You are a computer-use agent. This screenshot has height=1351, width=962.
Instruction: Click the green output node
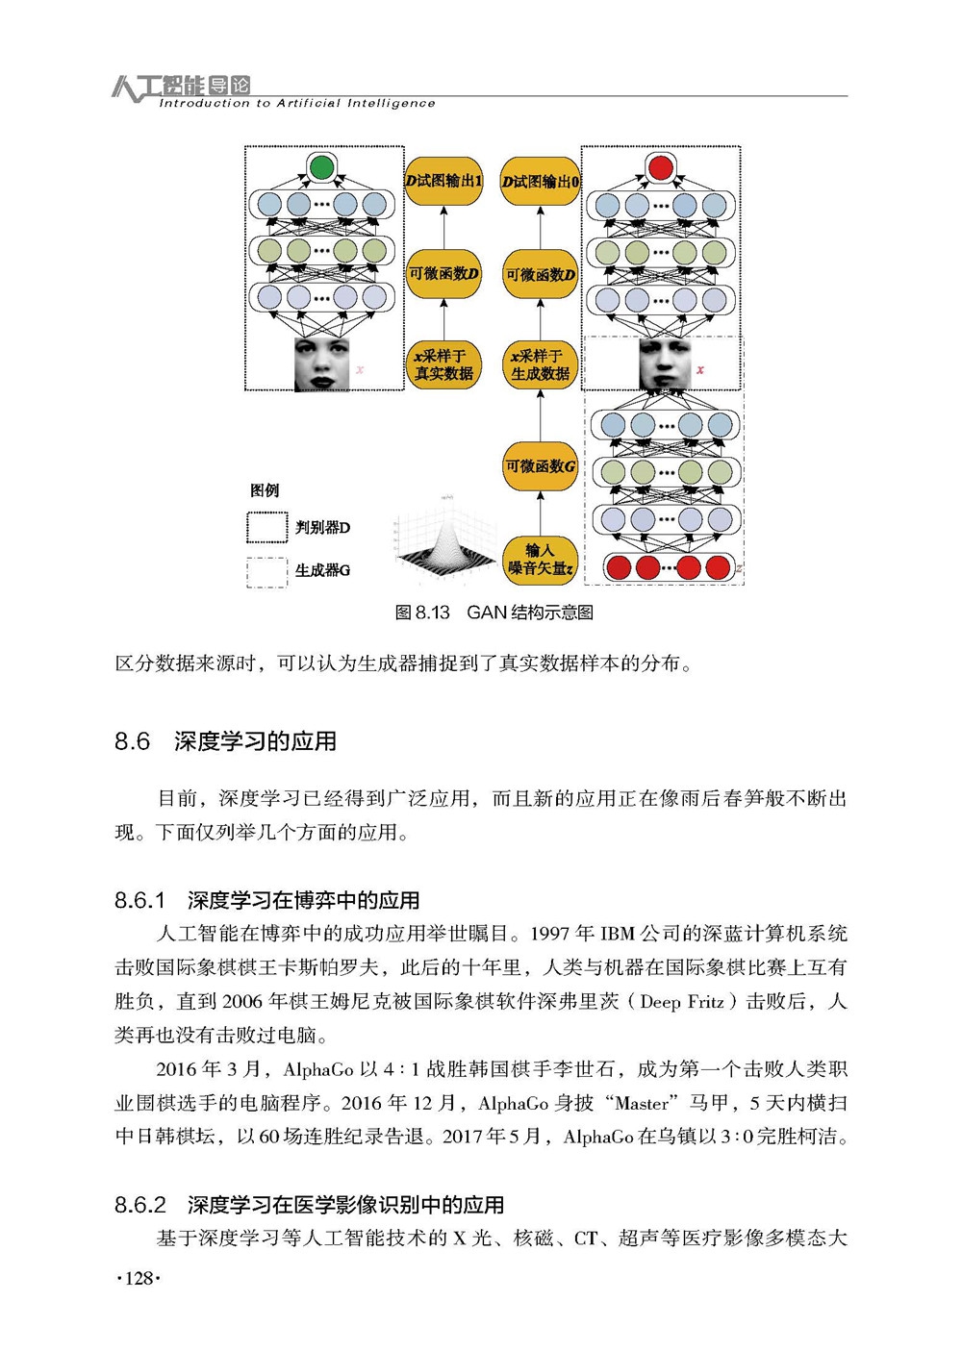click(321, 167)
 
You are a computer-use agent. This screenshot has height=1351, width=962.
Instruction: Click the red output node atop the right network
click(660, 167)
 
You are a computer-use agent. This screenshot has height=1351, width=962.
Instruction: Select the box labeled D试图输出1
click(443, 181)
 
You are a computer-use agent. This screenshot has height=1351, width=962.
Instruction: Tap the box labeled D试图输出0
click(540, 181)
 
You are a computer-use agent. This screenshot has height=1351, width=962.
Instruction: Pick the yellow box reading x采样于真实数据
click(443, 364)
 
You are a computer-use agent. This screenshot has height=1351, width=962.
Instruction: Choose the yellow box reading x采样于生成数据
click(540, 364)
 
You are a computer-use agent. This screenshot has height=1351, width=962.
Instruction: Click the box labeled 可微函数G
click(540, 466)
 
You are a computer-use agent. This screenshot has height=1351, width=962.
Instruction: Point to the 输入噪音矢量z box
click(540, 559)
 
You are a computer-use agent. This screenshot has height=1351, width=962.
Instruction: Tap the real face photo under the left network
click(321, 364)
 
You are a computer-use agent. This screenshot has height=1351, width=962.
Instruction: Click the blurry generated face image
click(665, 364)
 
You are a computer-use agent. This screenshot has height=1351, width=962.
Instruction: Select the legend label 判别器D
click(323, 528)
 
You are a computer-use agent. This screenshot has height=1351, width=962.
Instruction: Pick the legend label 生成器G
click(323, 570)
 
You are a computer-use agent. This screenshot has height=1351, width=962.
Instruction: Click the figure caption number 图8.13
click(422, 613)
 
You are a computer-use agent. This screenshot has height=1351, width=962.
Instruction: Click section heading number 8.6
click(132, 741)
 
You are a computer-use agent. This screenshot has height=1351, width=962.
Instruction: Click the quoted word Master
click(642, 1103)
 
